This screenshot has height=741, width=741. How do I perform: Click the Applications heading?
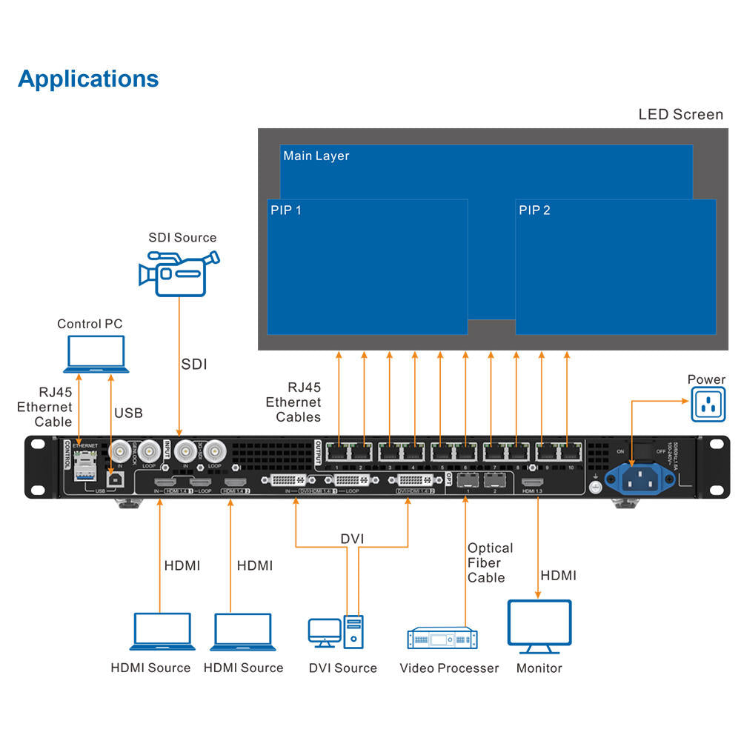88,79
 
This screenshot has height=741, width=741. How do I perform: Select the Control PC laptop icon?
96,353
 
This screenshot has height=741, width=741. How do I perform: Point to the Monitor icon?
539,626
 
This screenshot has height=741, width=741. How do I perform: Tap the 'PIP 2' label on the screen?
534,210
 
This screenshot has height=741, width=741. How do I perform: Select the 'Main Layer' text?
316,156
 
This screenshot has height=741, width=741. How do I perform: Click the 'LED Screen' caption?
680,115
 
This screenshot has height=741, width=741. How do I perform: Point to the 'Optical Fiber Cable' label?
490,562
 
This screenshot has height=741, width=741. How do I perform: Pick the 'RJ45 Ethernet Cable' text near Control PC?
45,407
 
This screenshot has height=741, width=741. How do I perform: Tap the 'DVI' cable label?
353,538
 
